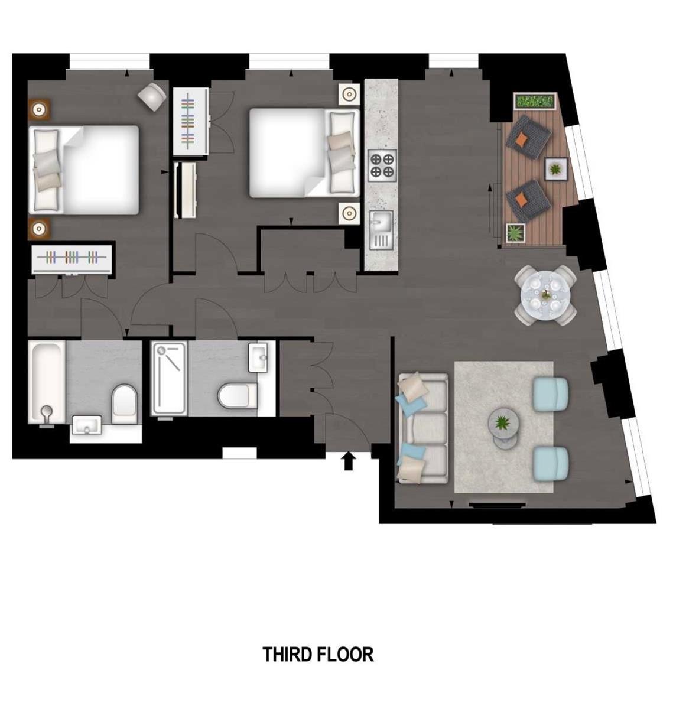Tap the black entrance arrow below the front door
(x=349, y=461)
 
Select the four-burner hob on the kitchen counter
(x=382, y=165)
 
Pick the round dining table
(x=545, y=295)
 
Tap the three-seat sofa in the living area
(x=422, y=428)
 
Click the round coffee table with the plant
(x=504, y=424)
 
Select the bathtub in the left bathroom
(x=47, y=382)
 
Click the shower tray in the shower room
(x=170, y=378)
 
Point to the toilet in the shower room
(x=238, y=396)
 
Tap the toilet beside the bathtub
(x=125, y=404)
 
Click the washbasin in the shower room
(x=258, y=357)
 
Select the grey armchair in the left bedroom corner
(x=152, y=97)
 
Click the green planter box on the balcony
(x=534, y=100)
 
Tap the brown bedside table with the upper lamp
(x=39, y=109)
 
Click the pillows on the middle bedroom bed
(x=341, y=152)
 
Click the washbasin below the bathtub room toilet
(x=87, y=425)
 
